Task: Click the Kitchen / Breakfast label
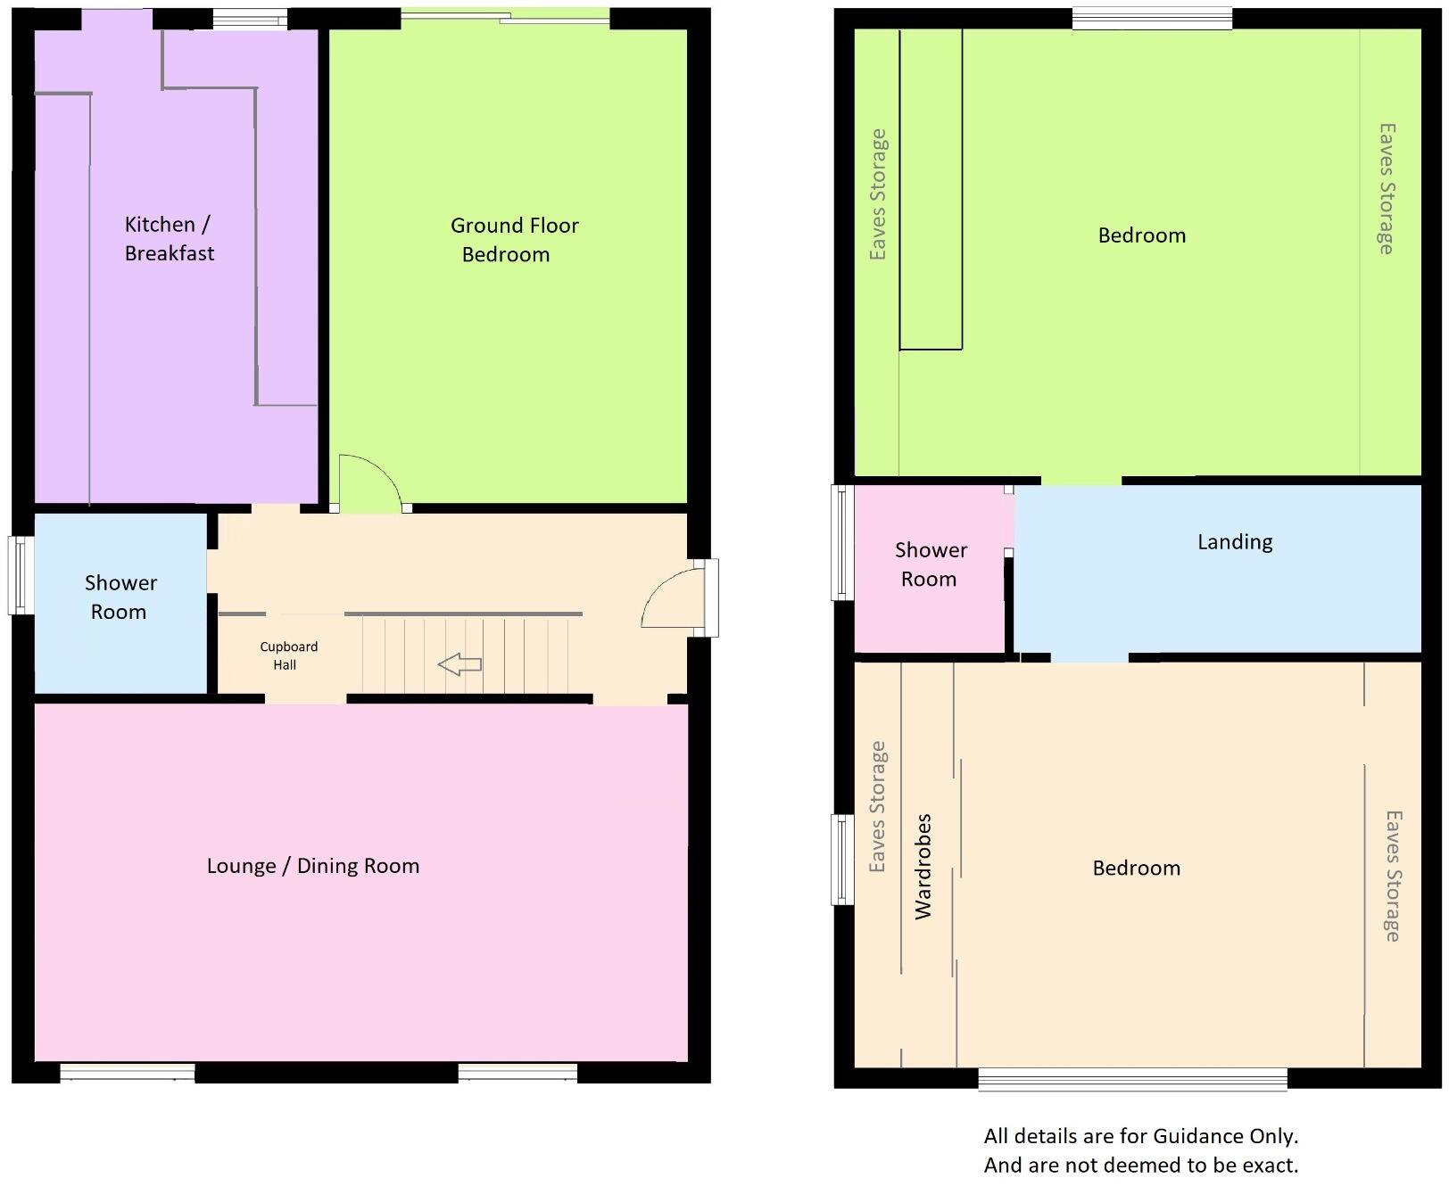169,238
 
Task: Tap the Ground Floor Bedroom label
513,239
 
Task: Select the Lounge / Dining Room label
312,866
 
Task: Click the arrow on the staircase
460,664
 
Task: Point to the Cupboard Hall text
287,655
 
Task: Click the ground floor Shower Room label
120,597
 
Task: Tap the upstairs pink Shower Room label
930,564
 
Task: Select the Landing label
1234,541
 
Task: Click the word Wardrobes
923,866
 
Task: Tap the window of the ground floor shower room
20,574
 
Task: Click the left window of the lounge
127,1072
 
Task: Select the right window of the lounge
517,1072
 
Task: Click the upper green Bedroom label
1141,235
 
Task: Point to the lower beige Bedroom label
1136,868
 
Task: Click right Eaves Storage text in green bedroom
1386,188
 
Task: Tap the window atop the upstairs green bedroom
1151,19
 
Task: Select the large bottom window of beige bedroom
1131,1079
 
